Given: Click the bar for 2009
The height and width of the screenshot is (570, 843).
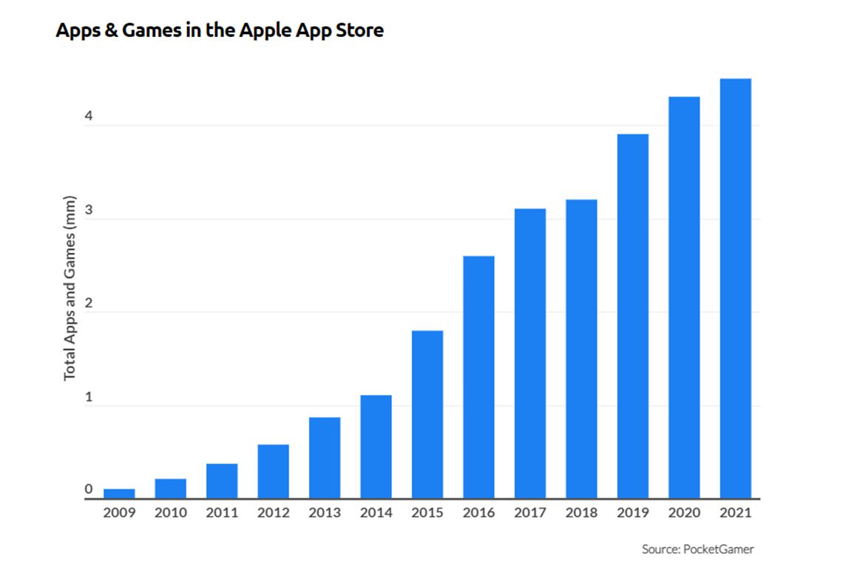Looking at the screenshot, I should pyautogui.click(x=119, y=494).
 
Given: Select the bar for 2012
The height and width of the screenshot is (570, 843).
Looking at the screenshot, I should pyautogui.click(x=273, y=472).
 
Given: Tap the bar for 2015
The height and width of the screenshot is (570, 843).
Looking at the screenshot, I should pyautogui.click(x=427, y=414).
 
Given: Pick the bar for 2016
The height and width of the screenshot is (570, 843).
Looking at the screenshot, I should pyautogui.click(x=478, y=377).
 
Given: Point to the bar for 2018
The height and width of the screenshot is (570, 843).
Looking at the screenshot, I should pyautogui.click(x=581, y=349).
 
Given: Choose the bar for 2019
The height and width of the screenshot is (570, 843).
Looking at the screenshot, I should pyautogui.click(x=633, y=316).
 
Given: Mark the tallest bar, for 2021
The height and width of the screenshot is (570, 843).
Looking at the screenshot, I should pyautogui.click(x=735, y=288).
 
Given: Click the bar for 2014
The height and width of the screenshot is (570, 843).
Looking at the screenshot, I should pyautogui.click(x=376, y=447).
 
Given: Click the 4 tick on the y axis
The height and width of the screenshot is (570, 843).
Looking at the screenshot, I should pyautogui.click(x=88, y=116).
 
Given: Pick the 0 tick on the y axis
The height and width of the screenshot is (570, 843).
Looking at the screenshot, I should pyautogui.click(x=88, y=489).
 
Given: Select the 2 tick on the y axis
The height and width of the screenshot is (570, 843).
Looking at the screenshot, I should pyautogui.click(x=88, y=303).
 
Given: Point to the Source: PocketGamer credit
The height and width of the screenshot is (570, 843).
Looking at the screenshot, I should pyautogui.click(x=697, y=549).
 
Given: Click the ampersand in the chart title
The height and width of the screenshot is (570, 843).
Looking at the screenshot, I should pyautogui.click(x=101, y=31).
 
